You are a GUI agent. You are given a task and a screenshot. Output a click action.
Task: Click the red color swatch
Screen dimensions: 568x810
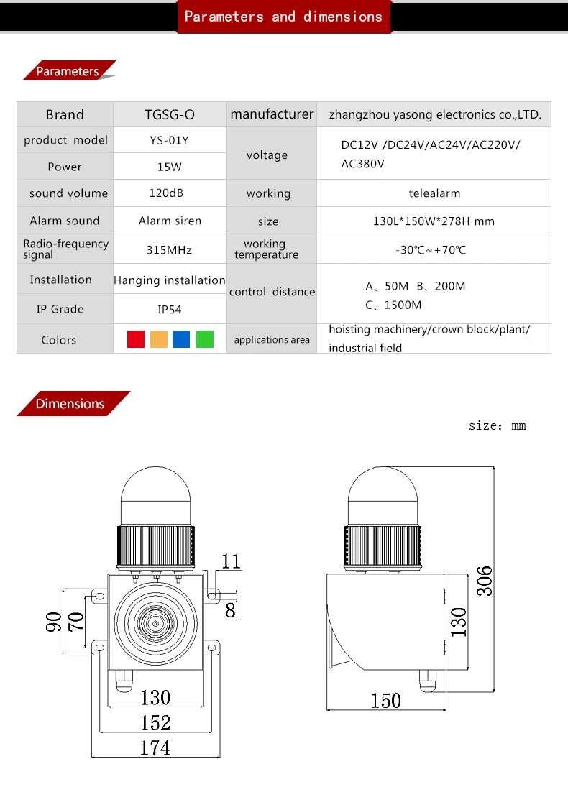(x=136, y=339)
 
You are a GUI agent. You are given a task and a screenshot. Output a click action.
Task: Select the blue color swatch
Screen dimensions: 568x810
(x=181, y=339)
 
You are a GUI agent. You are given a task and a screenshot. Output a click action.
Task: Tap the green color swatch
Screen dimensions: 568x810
(x=205, y=339)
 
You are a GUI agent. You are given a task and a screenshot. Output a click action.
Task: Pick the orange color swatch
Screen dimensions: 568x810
(x=159, y=339)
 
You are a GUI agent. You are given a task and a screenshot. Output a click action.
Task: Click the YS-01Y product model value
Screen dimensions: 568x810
(x=170, y=140)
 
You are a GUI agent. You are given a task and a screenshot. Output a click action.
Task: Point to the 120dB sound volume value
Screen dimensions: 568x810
(x=166, y=193)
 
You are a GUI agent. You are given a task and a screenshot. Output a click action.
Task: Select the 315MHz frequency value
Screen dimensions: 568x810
(x=169, y=250)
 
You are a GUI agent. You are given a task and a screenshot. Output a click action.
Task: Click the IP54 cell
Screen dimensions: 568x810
(x=170, y=310)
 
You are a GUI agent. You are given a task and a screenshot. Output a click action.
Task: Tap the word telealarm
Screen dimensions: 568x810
(x=434, y=193)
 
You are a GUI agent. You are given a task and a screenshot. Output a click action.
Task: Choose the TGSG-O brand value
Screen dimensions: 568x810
(x=170, y=115)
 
